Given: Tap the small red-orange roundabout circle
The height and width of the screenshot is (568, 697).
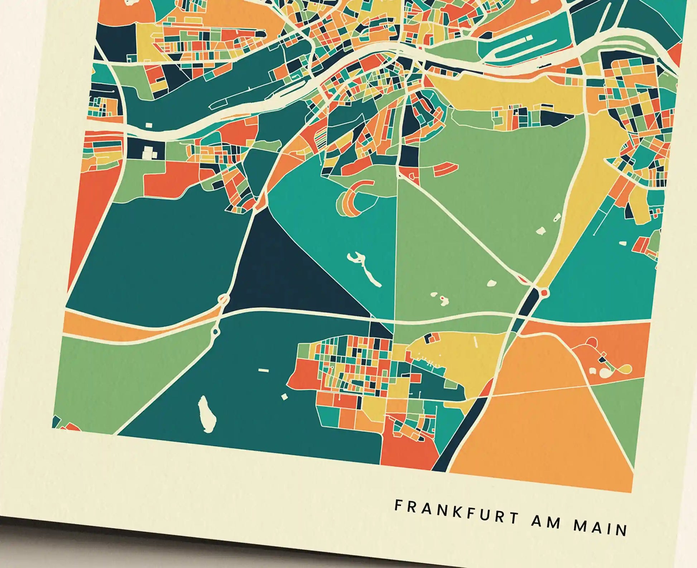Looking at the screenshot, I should pyautogui.click(x=544, y=293).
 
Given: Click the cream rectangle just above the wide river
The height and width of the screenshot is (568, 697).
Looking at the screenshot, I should pyautogui.click(x=149, y=125).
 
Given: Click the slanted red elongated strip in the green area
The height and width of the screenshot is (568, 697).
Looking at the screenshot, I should pyautogui.click(x=446, y=167).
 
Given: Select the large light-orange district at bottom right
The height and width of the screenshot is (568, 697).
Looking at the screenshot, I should pyautogui.click(x=544, y=430).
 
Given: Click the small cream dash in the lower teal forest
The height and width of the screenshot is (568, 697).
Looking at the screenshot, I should pyautogui.click(x=263, y=370).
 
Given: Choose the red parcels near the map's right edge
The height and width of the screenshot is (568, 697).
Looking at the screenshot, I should pyautogui.click(x=641, y=245).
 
